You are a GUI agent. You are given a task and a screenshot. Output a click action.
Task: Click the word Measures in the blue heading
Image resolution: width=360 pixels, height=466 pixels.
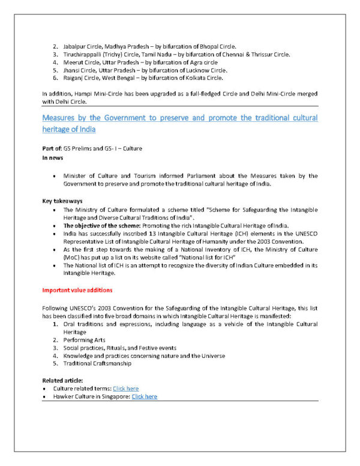(x=62, y=118)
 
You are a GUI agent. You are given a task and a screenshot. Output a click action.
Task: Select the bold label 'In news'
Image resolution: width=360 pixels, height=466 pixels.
(x=52, y=157)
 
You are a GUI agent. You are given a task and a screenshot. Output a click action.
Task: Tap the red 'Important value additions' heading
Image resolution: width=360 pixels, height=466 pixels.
(x=77, y=291)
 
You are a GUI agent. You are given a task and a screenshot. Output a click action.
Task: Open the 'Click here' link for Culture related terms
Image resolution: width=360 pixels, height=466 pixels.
(x=125, y=389)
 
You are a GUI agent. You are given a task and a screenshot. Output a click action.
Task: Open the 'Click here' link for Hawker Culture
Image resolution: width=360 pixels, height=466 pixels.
(x=145, y=396)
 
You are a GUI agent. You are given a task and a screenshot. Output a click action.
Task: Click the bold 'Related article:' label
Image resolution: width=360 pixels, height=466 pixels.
(x=62, y=381)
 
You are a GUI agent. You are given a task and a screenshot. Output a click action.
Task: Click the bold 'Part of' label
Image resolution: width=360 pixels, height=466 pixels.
(x=52, y=148)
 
